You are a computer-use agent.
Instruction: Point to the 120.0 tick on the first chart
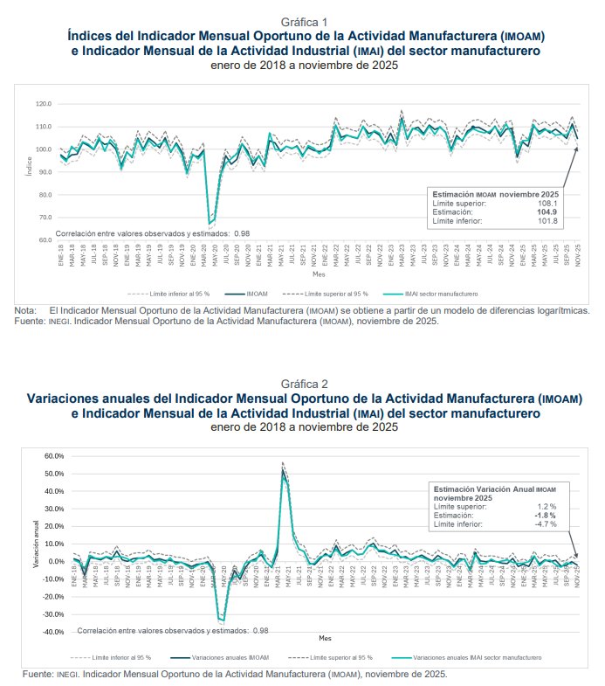coord(44,104)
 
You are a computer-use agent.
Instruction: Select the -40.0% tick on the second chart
coord(53,632)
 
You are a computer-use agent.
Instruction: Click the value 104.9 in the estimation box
coord(545,211)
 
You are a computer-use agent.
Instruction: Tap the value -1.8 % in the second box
coord(546,516)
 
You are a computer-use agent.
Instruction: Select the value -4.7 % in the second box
coord(546,524)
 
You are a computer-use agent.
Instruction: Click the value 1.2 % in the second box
coord(547,507)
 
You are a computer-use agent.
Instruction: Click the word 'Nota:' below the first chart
coord(25,310)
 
